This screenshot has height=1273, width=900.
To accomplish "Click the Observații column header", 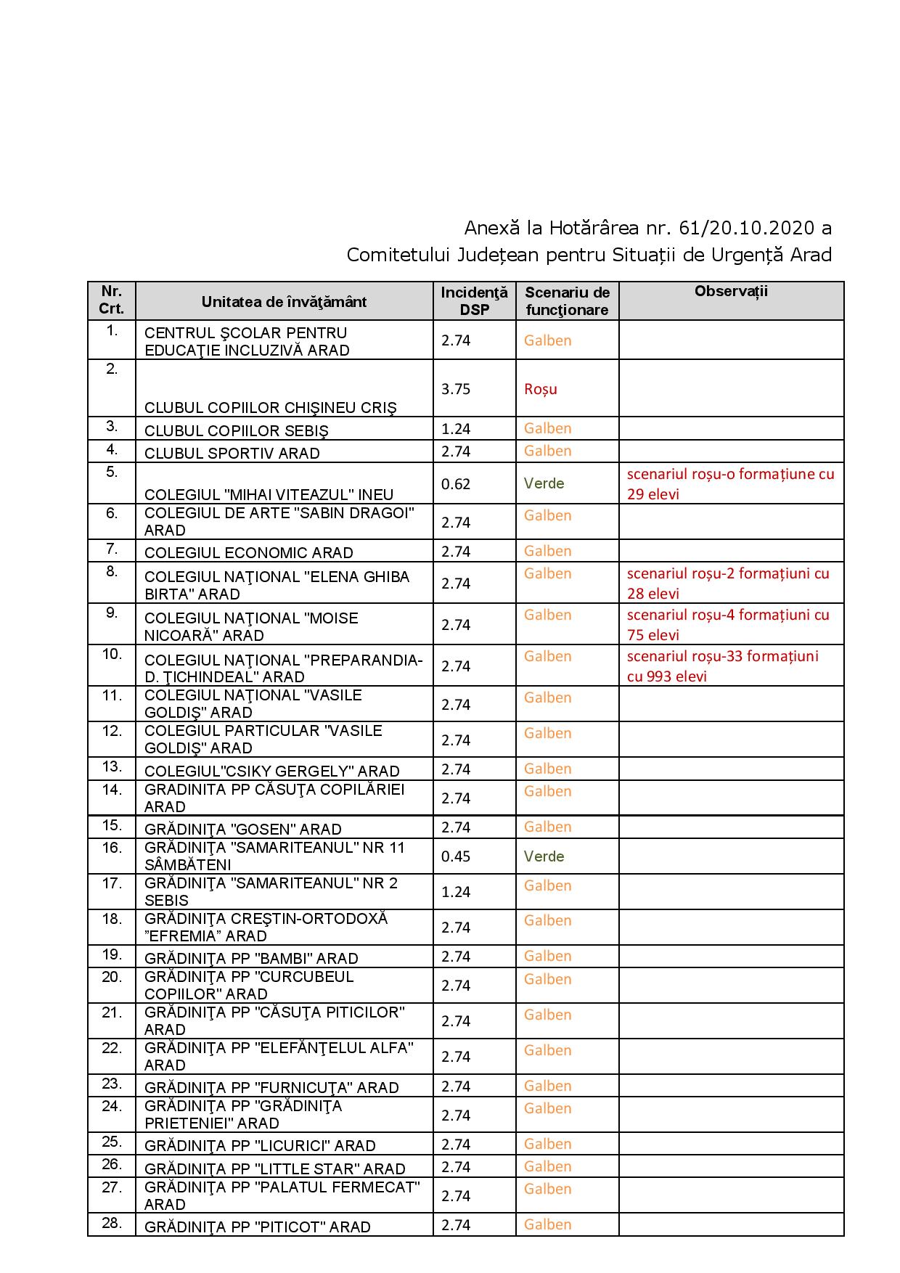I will pyautogui.click(x=730, y=292).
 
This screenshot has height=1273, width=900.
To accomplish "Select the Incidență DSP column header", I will pyautogui.click(x=474, y=300).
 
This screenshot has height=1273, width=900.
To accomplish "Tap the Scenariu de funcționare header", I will pyautogui.click(x=567, y=300).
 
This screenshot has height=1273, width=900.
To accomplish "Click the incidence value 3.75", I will pyautogui.click(x=456, y=389).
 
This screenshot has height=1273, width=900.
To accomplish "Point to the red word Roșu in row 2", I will pyautogui.click(x=541, y=389).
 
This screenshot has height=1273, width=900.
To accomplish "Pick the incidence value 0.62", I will pyautogui.click(x=456, y=484).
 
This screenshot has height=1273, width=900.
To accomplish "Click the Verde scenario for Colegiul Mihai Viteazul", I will pyautogui.click(x=544, y=483).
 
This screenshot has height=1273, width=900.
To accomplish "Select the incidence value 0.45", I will pyautogui.click(x=456, y=856).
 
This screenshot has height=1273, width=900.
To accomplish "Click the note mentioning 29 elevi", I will pyautogui.click(x=730, y=484).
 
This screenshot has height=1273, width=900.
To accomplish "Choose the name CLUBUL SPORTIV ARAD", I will pyautogui.click(x=232, y=454).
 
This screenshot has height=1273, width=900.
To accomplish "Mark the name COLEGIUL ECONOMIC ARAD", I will pyautogui.click(x=248, y=553).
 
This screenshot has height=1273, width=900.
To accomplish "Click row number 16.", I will pyautogui.click(x=112, y=848).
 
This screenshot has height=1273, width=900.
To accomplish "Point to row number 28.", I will pyautogui.click(x=112, y=1223).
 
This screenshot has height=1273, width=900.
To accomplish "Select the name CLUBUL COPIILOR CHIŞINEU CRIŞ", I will pyautogui.click(x=270, y=408).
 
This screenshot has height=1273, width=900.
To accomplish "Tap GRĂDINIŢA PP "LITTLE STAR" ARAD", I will pyautogui.click(x=274, y=1168).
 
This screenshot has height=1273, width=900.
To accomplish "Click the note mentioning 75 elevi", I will pyautogui.click(x=728, y=625).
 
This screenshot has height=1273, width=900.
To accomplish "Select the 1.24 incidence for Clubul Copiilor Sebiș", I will pyautogui.click(x=456, y=429).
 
